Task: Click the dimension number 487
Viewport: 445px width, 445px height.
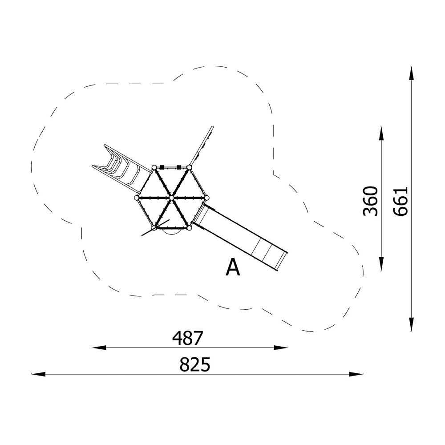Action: [x=188, y=338]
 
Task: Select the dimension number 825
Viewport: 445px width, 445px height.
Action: [x=195, y=365]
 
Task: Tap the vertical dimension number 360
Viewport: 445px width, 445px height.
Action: [x=371, y=201]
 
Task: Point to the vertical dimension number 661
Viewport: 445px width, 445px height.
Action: [x=400, y=201]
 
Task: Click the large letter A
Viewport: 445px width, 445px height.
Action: [x=233, y=267]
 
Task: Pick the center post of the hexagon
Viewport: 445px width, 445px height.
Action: [x=171, y=198]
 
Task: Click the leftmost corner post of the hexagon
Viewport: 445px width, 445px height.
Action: [x=137, y=198]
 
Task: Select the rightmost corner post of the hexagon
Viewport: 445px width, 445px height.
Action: [x=206, y=198]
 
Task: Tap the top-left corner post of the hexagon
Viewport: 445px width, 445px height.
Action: [x=154, y=167]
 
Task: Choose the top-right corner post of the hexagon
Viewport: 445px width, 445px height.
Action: [x=189, y=167]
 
